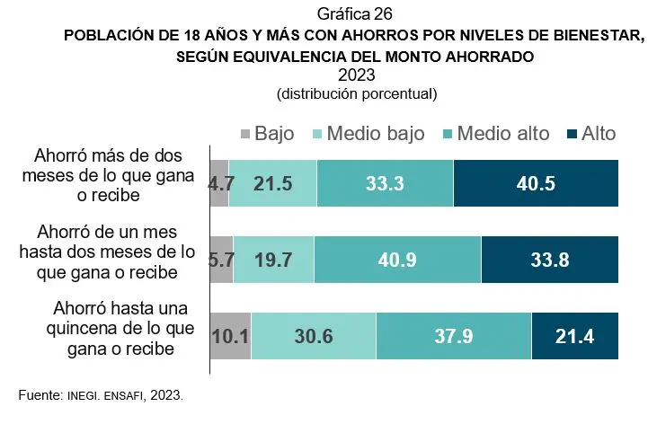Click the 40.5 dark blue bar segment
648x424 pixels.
coord(536,183)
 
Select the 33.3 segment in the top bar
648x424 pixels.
coord(386,183)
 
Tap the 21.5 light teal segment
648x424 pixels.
coord(272,183)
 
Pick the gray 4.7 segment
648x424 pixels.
coord(219,183)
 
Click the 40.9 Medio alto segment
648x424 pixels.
coord(397,260)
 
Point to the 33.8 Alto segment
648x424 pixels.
coord(550,260)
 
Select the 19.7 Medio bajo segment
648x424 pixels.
coord(273,260)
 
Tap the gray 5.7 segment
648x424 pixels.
coord(222,260)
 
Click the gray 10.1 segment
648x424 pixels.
coord(231,336)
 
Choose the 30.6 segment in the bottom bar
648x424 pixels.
coord(314,336)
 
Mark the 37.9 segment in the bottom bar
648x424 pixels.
coord(454,336)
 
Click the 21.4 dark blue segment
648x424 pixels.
coord(575,336)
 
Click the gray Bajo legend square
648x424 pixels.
coord(245,135)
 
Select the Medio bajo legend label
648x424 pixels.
coord(376,134)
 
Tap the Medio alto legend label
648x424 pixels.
coord(503,134)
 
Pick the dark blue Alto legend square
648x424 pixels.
coord(573,135)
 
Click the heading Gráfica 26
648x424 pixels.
coord(355,14)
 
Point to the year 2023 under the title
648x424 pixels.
coord(357,75)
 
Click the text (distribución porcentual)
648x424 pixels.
coord(357,93)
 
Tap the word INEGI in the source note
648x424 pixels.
coord(84,396)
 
